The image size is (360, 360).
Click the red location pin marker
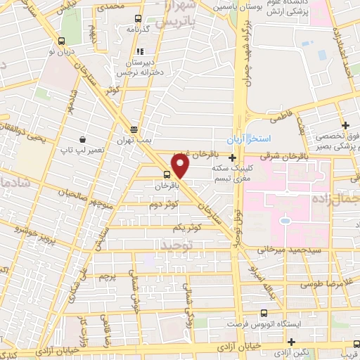coord(181,165)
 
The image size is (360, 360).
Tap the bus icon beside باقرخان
coord(167,175)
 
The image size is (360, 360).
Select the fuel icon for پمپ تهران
coord(134,129)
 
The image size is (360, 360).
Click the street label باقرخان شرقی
coord(285,155)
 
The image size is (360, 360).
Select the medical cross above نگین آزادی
coord(291,342)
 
